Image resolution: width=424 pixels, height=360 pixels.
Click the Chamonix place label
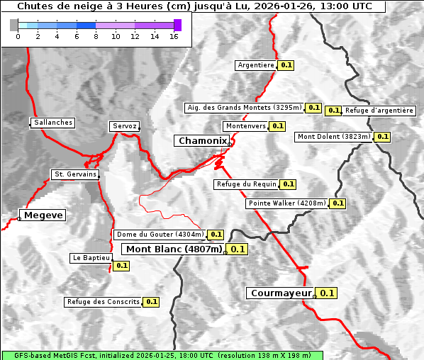pos(203,141)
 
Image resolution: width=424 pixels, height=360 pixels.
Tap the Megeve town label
pos(43,215)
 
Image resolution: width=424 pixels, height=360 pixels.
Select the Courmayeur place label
pos(281,293)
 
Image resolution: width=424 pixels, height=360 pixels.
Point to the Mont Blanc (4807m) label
pos(174,249)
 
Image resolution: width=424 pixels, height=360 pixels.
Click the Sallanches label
pos(53,123)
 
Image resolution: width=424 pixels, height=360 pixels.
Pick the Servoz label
pos(125,126)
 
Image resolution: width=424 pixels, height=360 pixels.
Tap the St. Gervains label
pos(75,174)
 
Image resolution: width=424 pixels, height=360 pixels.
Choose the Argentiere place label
pos(256,65)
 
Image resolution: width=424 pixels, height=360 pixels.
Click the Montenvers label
pos(245,126)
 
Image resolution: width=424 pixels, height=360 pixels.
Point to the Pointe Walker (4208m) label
pos(287,203)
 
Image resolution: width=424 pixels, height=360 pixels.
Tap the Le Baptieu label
pos(91,258)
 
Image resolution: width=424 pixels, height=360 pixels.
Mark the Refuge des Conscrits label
pos(104,302)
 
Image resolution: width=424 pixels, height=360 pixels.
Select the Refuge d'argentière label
pos(379,111)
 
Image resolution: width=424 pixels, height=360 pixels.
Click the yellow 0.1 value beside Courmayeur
pos(327,293)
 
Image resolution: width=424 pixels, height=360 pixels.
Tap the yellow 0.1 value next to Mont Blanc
pos(238,249)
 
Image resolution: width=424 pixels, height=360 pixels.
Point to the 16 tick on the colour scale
pos(174,36)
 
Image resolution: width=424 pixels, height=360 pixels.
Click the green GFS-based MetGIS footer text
pos(162,355)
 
